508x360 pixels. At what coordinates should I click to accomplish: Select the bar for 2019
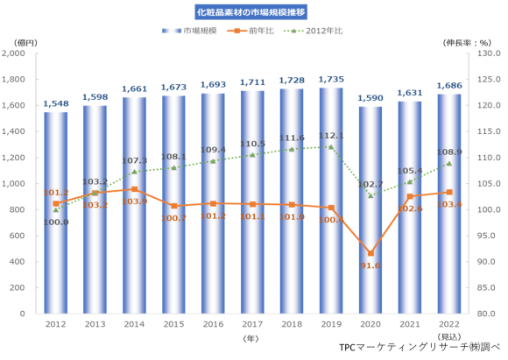pyautogui.click(x=331, y=201)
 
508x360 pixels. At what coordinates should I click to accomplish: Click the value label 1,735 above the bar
pyautogui.click(x=331, y=80)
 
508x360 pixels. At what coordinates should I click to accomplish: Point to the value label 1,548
pyautogui.click(x=55, y=104)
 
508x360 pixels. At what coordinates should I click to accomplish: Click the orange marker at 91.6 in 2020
pyautogui.click(x=370, y=253)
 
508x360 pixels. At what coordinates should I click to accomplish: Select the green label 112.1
pyautogui.click(x=331, y=137)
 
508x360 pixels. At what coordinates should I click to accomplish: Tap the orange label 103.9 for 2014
pyautogui.click(x=134, y=201)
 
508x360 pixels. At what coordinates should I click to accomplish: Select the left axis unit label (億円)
pyautogui.click(x=15, y=41)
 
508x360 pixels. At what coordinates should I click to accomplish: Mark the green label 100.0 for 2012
pyautogui.click(x=55, y=222)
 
